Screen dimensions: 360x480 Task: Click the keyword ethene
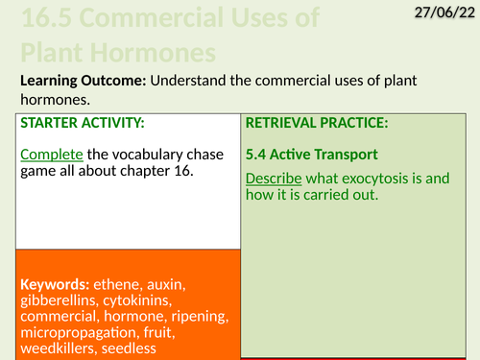click(120, 284)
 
